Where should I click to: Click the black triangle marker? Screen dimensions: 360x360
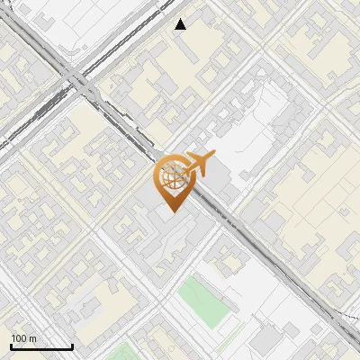(181, 24)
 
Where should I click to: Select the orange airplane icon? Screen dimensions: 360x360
(197, 164)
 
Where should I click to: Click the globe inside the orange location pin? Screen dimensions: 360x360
(171, 175)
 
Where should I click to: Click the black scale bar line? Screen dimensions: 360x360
(40, 347)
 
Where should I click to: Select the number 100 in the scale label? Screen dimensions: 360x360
(19, 338)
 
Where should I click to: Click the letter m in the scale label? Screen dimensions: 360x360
(32, 338)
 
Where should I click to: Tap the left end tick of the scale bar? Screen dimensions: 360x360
(10, 346)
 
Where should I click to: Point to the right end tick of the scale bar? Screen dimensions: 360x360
(72, 346)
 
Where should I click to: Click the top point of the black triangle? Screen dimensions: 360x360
(181, 19)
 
